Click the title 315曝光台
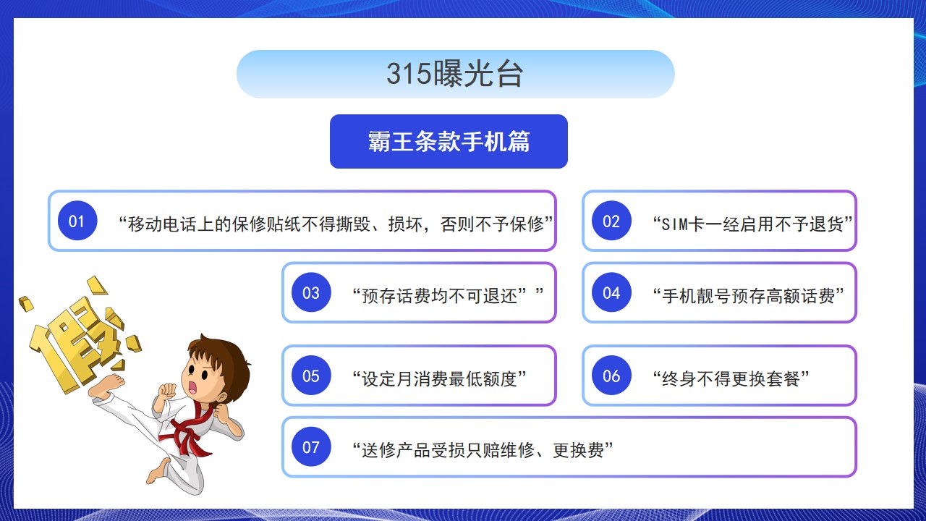(x=455, y=74)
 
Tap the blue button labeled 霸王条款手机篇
(x=449, y=141)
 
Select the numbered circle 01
(x=77, y=221)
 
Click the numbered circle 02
(x=611, y=221)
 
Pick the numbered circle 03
(x=311, y=292)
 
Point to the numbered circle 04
(x=611, y=292)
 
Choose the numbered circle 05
(x=311, y=376)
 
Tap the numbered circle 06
(x=611, y=376)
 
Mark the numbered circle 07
(x=311, y=447)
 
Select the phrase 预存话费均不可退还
(x=440, y=296)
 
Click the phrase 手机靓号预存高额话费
(x=748, y=296)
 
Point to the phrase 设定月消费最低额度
(x=440, y=378)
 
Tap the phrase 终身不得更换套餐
(x=731, y=378)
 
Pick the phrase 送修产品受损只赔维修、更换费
(x=483, y=450)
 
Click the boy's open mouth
(x=192, y=387)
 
